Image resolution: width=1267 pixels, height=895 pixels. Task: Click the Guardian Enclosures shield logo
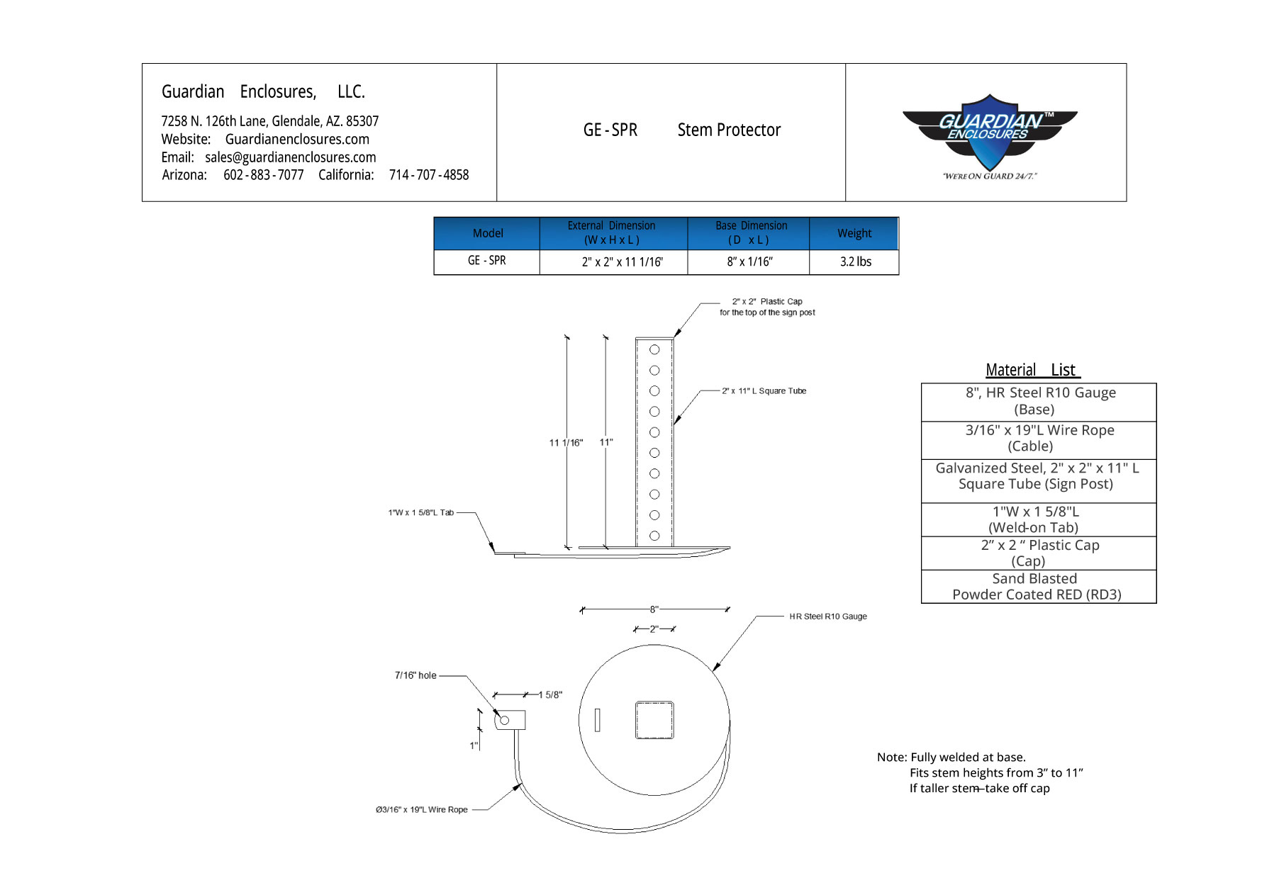pos(989,136)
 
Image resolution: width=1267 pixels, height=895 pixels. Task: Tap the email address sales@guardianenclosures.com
pos(290,157)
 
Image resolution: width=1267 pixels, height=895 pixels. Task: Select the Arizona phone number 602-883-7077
pos(263,175)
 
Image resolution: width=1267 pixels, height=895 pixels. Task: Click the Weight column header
pos(854,233)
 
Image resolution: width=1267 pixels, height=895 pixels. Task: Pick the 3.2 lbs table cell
pos(855,261)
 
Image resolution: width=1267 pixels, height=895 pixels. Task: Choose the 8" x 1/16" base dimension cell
pos(749,261)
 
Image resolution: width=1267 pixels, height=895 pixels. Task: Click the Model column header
pos(488,233)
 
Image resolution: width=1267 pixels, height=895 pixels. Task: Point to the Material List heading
pos(1032,370)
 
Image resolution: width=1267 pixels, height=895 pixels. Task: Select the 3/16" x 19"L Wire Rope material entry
pos(1039,438)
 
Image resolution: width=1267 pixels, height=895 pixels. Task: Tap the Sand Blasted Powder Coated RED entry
pos(1037,587)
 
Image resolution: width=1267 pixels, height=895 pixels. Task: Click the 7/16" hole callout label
pos(415,675)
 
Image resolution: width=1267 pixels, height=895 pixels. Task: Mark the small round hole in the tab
pos(505,721)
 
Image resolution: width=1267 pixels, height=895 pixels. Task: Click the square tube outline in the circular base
pos(654,720)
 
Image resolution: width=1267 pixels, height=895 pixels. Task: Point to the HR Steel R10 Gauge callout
pos(827,617)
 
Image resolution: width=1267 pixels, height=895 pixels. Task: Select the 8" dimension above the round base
pos(654,609)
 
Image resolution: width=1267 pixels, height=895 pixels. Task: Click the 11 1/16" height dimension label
pos(566,443)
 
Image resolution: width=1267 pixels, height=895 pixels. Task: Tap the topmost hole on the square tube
pos(654,350)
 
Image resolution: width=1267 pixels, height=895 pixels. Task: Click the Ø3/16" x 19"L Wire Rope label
pos(422,810)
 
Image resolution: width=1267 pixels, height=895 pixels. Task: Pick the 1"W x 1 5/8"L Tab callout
pos(420,512)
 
